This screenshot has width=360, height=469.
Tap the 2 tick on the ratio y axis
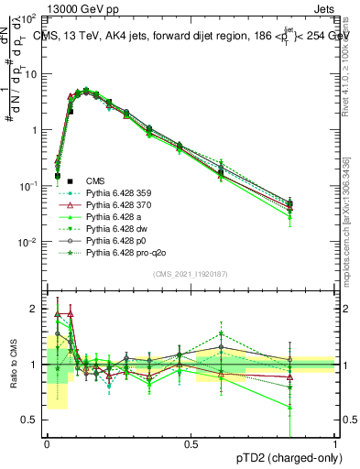pos(36,309)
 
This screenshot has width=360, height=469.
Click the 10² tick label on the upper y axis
pos(30,18)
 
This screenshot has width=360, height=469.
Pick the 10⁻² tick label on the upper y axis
pos(30,242)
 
